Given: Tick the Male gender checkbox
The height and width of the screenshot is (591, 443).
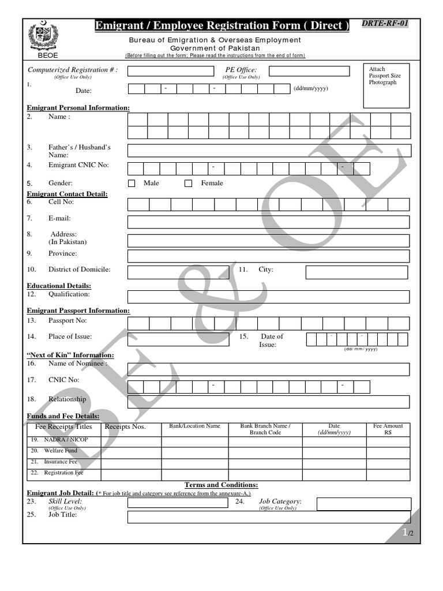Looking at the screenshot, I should click(132, 184).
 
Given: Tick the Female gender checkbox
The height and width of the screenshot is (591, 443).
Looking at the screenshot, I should click(188, 184).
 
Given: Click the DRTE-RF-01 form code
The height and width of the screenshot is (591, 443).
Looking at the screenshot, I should click(385, 24).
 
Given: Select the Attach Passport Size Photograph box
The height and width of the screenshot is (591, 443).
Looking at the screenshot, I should click(386, 85).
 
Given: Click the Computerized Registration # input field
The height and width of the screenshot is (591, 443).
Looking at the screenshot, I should click(170, 71).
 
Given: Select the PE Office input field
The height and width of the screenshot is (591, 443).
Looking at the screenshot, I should click(309, 71).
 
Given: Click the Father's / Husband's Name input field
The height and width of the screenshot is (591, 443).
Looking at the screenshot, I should click(269, 151).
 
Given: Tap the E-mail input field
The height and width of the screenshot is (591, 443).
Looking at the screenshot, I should click(268, 222).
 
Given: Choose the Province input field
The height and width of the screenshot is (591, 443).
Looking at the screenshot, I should click(268, 256).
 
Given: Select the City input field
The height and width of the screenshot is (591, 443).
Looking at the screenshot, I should click(356, 272).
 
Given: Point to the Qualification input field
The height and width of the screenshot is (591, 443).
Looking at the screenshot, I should click(268, 297).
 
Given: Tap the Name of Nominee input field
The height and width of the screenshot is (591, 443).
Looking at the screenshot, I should click(268, 369).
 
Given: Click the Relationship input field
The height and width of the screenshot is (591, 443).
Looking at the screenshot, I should click(268, 402).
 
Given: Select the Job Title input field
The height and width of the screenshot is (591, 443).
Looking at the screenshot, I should click(268, 517).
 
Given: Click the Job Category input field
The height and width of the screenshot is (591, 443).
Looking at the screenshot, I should click(363, 504).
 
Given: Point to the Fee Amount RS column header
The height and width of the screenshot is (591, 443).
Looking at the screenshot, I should click(388, 429).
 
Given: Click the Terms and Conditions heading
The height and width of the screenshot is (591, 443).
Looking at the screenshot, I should click(221, 485).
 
